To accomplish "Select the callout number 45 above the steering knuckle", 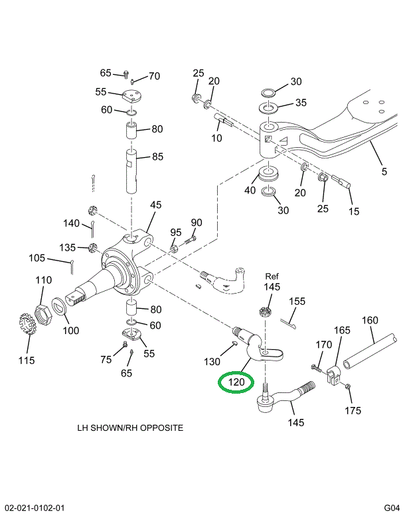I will [x=155, y=205].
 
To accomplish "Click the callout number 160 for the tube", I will [x=370, y=321].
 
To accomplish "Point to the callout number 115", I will [x=26, y=361].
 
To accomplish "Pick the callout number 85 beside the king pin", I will [x=157, y=157].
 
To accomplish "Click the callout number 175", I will [x=353, y=410].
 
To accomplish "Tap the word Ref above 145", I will [x=272, y=276].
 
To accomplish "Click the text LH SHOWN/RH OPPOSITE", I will [x=130, y=428].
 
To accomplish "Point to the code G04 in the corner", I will [x=392, y=508].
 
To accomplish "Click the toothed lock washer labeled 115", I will [x=25, y=327].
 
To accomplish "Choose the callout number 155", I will [x=297, y=301].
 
